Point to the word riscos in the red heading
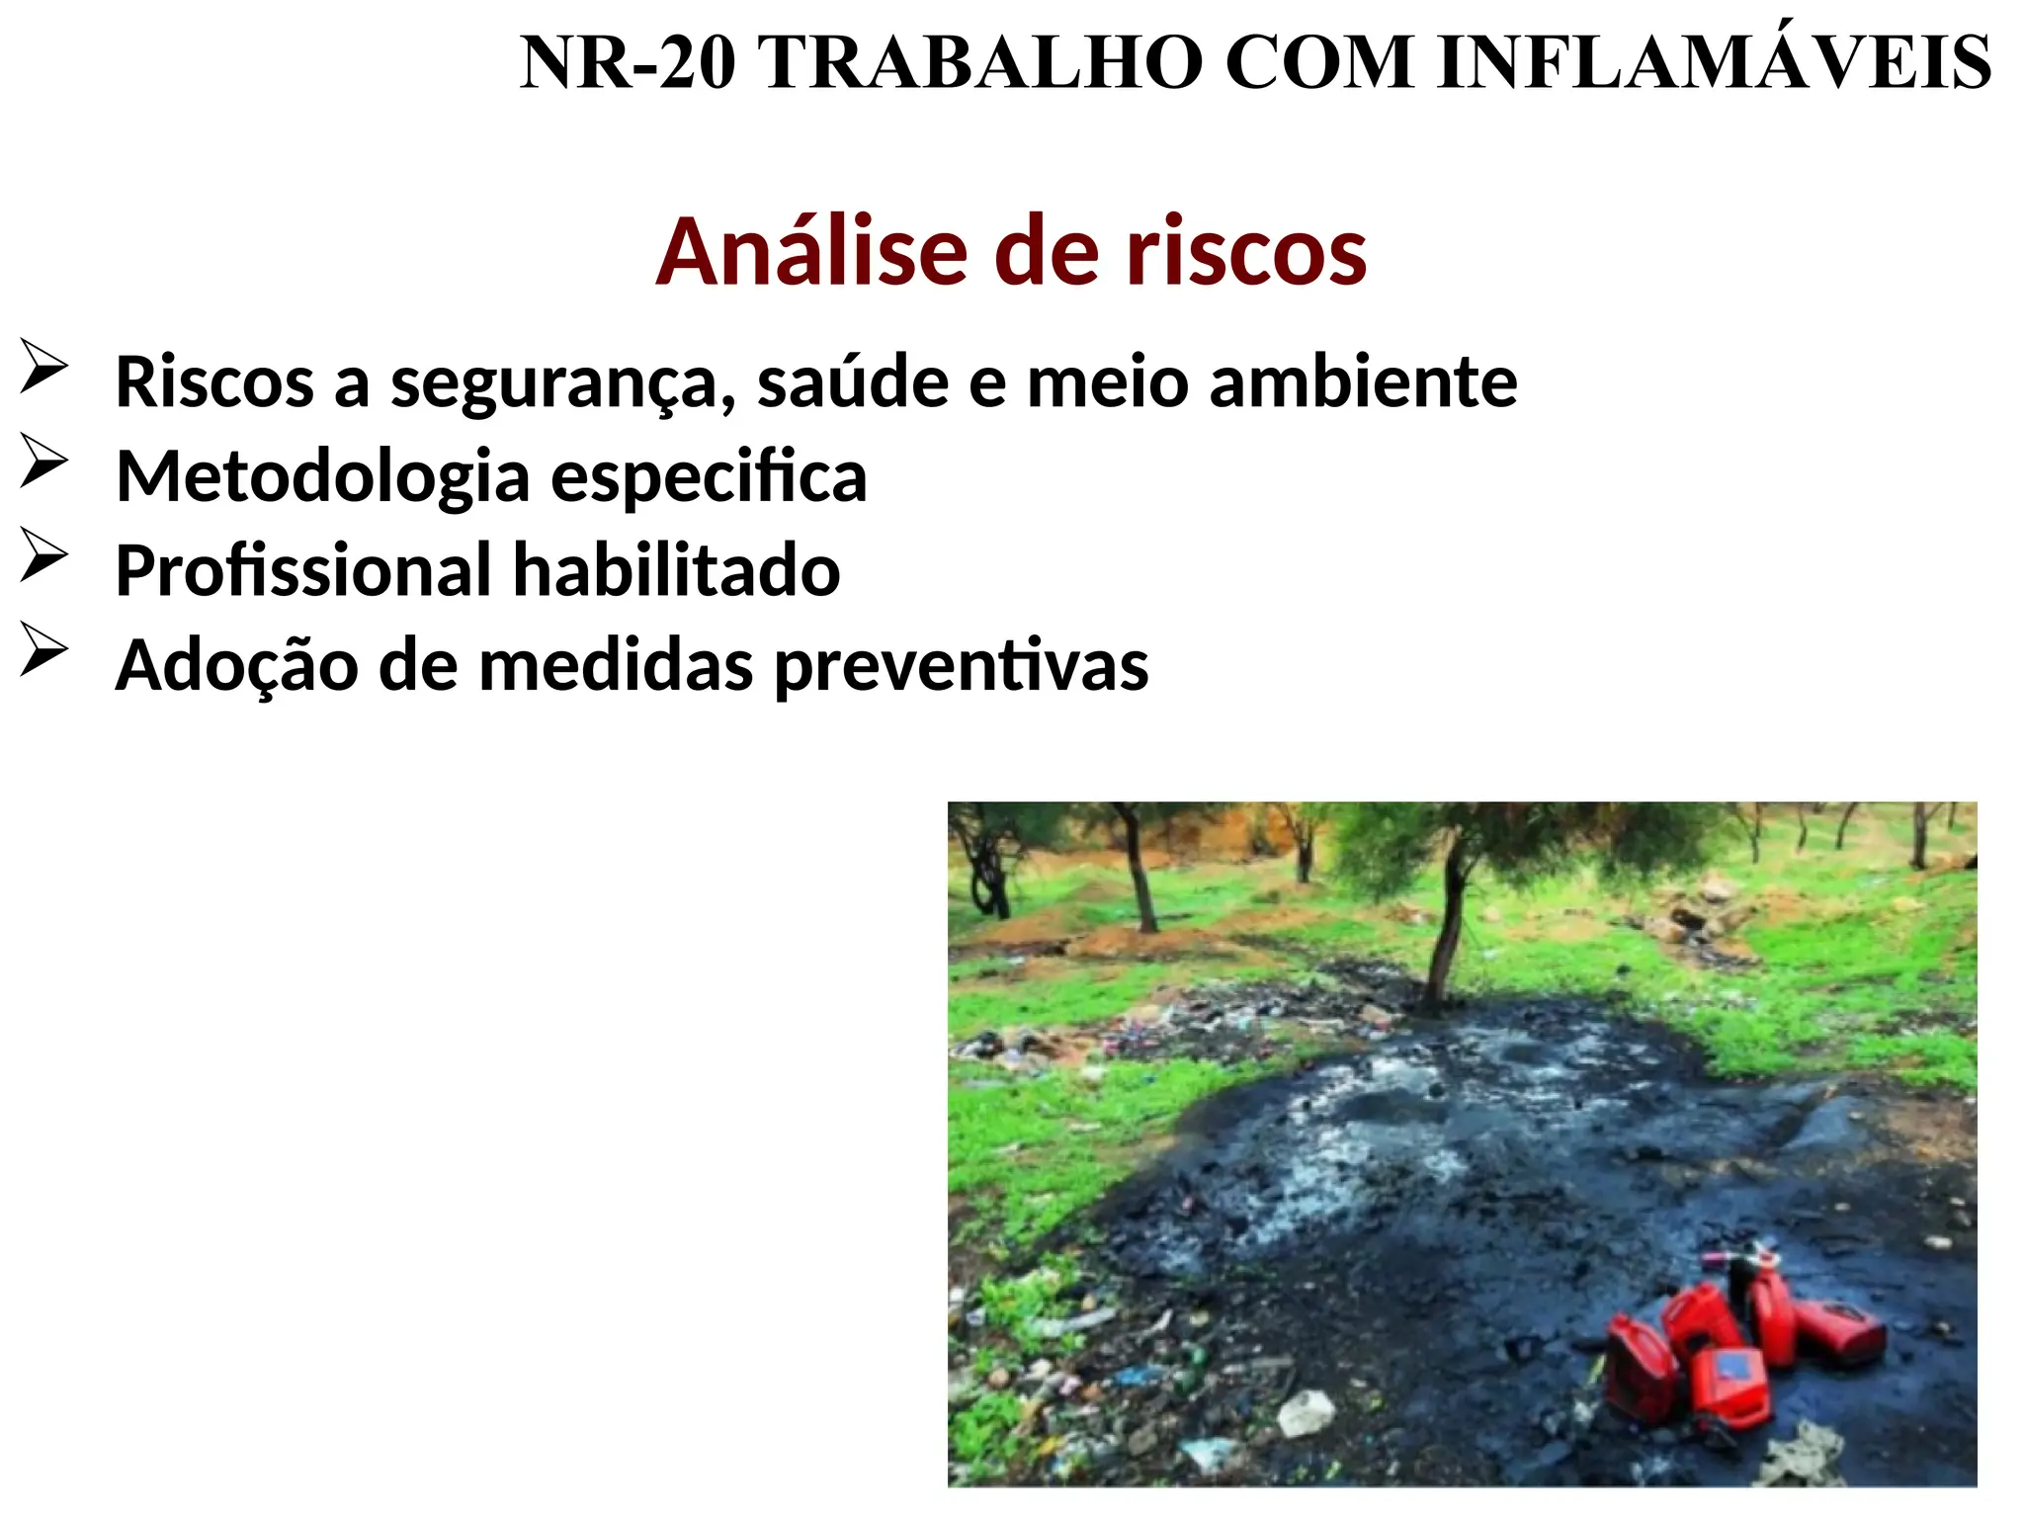[1247, 253]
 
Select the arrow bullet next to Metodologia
[43, 461]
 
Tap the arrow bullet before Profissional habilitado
[43, 555]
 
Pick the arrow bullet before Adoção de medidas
[43, 650]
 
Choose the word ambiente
[1363, 381]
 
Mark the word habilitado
[677, 571]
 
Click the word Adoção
[236, 666]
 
